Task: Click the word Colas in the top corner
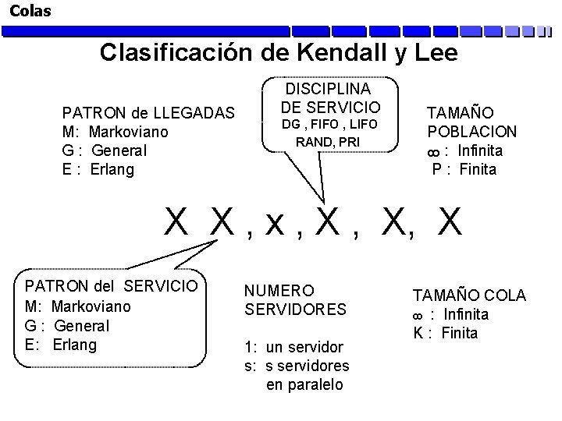[x=30, y=11]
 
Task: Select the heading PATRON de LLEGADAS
[x=148, y=113]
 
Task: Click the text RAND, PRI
[x=328, y=142]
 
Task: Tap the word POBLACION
[x=471, y=132]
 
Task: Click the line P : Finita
[x=464, y=169]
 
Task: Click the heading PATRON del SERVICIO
[x=111, y=286]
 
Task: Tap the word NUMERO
[x=279, y=291]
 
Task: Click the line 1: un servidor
[x=293, y=347]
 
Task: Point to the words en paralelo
[x=304, y=384]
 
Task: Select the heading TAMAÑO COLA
[x=469, y=295]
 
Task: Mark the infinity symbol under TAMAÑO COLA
[x=418, y=315]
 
